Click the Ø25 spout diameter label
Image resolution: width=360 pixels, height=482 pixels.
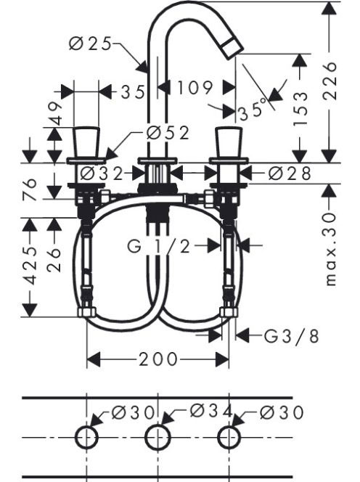[x=90, y=44]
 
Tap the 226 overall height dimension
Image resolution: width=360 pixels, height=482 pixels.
[x=330, y=81]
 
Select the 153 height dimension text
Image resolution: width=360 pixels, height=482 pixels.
[x=300, y=108]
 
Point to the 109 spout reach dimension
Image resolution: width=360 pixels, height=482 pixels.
[x=195, y=88]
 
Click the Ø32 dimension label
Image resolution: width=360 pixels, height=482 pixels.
[x=101, y=174]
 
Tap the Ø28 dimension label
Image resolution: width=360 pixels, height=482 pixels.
[x=290, y=173]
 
